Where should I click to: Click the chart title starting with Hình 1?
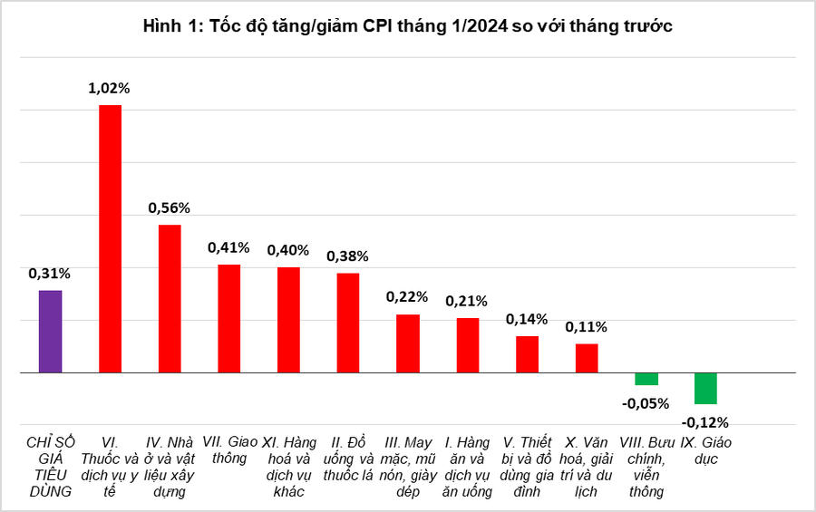coord(407,26)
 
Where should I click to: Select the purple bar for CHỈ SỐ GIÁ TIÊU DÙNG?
coord(50,332)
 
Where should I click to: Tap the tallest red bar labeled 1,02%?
coord(110,239)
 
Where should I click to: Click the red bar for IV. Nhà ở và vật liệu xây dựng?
coord(170,299)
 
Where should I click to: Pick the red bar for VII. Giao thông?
coord(229,318)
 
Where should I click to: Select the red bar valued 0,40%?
coord(288,320)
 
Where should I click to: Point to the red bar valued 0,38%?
coord(348,323)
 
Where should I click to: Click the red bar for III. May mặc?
coord(408,343)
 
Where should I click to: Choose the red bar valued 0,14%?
coord(527,354)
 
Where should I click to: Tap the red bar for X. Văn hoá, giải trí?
coord(587,358)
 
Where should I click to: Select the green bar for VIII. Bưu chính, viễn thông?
coord(646,379)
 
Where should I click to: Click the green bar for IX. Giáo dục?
coord(705,388)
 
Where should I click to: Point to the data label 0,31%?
coord(49,273)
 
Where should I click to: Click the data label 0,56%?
coord(169,207)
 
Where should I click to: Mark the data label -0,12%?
coord(705,421)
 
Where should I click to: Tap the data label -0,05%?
coord(646,403)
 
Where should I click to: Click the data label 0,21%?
coord(467,300)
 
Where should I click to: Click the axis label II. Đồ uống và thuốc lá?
coord(348,459)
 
